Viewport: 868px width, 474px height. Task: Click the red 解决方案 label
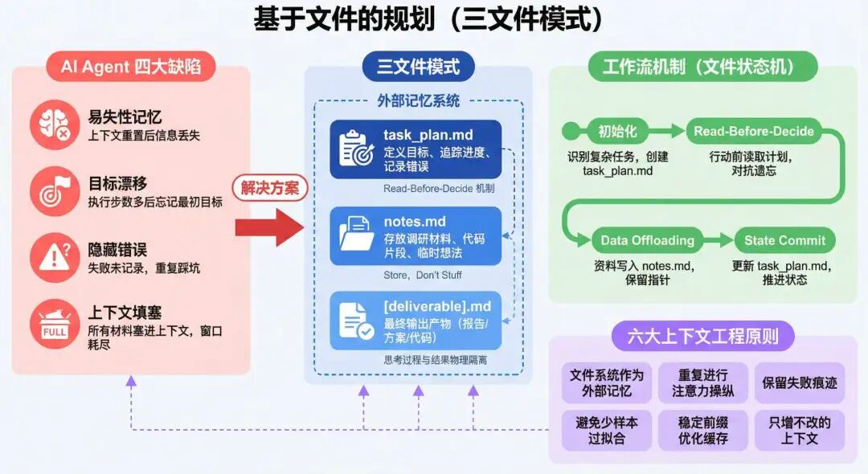[270, 188]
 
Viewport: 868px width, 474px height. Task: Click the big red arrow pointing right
[268, 228]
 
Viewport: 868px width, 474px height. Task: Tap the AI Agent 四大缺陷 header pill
[131, 67]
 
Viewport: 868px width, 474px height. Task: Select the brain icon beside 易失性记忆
[55, 125]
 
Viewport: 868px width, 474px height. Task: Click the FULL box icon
[55, 325]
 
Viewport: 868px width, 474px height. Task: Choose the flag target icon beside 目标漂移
[55, 191]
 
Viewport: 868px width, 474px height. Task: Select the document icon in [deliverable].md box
[356, 320]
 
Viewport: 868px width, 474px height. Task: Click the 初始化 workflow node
[617, 131]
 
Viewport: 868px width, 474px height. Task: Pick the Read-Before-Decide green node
[753, 131]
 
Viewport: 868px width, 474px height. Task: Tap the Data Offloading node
[647, 239]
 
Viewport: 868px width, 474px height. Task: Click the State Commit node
[784, 239]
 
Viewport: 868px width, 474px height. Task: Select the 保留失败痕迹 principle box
[800, 382]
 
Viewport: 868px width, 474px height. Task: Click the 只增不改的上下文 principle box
[800, 430]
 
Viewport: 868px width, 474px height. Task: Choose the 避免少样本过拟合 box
[607, 430]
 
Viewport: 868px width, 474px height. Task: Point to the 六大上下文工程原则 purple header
[702, 335]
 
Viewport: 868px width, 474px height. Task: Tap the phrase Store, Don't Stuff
[423, 275]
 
